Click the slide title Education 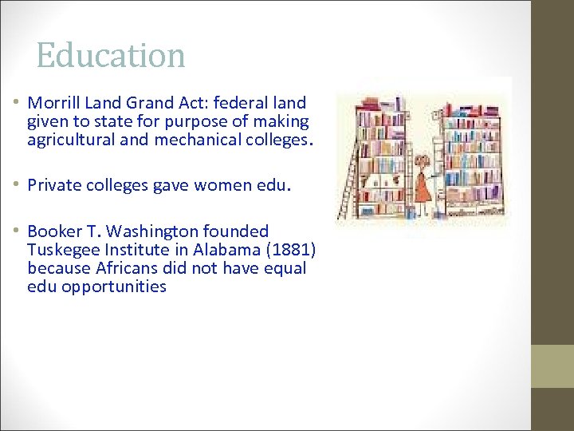click(111, 55)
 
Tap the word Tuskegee click(61, 250)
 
